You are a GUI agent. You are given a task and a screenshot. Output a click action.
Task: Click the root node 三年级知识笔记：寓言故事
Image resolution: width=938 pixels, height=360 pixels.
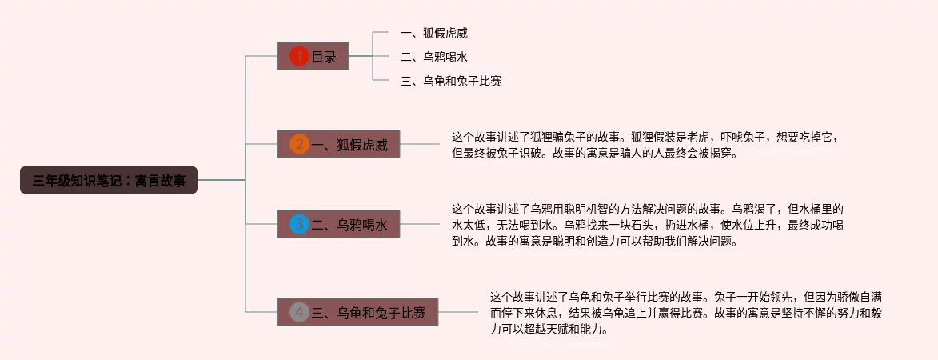(x=109, y=180)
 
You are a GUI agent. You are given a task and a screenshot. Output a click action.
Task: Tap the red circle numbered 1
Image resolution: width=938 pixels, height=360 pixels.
(x=299, y=57)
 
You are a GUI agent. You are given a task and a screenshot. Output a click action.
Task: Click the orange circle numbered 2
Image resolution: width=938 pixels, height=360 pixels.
(x=299, y=145)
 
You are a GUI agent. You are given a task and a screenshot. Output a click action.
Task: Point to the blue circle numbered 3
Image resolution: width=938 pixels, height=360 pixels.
(x=299, y=225)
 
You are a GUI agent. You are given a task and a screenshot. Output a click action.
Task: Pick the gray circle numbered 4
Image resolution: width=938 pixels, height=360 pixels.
(x=299, y=312)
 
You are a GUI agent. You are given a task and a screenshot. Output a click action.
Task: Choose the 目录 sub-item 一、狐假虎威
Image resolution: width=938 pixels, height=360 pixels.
(x=433, y=33)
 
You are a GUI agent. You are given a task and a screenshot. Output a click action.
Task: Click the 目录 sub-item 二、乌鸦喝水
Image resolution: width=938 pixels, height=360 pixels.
(x=433, y=57)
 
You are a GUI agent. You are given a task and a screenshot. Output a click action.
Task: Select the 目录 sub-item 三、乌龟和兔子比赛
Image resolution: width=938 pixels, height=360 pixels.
(x=451, y=81)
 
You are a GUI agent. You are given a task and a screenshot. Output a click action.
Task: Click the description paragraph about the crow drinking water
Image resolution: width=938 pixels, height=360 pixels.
(x=648, y=224)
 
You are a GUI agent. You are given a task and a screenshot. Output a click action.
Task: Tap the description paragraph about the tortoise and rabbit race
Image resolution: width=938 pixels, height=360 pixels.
(x=688, y=312)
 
